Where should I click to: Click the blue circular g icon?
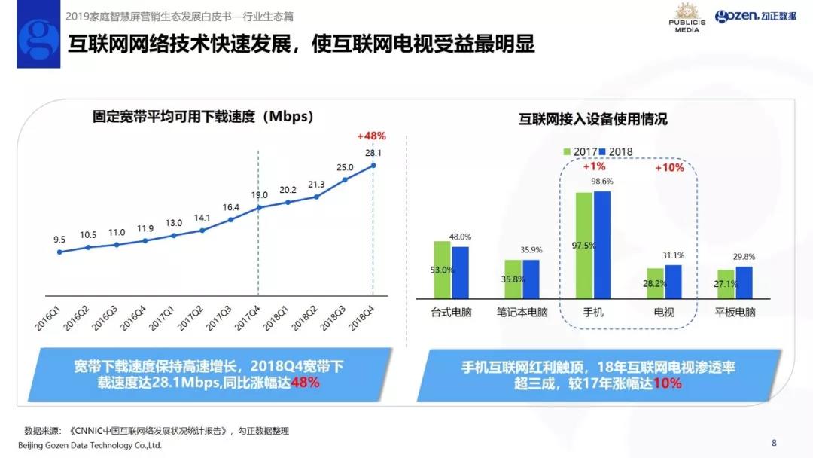pyautogui.click(x=38, y=42)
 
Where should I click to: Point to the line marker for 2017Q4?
pyautogui.click(x=259, y=207)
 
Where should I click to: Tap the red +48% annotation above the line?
pyautogui.click(x=371, y=136)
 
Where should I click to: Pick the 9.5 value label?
pyautogui.click(x=59, y=240)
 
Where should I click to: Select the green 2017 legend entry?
pyautogui.click(x=580, y=151)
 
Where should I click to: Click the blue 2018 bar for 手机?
pyautogui.click(x=601, y=245)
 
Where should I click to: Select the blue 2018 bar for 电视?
pyautogui.click(x=673, y=281)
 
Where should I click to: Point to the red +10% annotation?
pyautogui.click(x=668, y=167)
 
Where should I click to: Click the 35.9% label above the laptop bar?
pyautogui.click(x=531, y=250)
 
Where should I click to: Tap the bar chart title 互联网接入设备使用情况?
pyautogui.click(x=592, y=119)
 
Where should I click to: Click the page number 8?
pyautogui.click(x=774, y=442)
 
